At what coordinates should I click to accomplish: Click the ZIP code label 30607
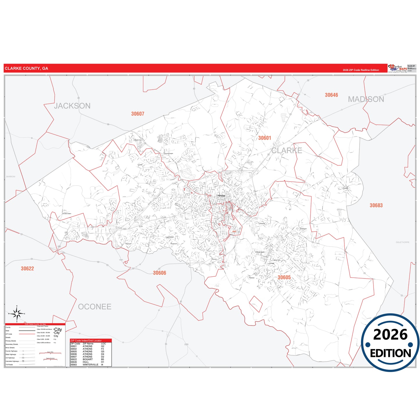[137, 114]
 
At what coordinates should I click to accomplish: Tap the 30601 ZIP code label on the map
[264, 138]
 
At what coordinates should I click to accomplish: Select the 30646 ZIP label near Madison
[331, 95]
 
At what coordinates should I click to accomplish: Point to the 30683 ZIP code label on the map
[376, 205]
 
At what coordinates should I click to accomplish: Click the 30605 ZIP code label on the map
[284, 278]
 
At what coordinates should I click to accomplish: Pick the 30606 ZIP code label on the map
[160, 273]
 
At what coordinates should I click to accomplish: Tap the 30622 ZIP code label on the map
[27, 269]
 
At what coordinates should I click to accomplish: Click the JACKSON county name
[72, 106]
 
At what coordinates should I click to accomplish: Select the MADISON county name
[366, 99]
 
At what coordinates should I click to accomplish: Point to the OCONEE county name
[94, 307]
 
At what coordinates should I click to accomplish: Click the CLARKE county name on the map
[287, 151]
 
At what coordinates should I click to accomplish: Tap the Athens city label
[221, 196]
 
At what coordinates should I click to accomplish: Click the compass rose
[17, 314]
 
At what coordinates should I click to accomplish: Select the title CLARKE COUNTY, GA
[26, 69]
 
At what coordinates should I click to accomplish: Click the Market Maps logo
[397, 68]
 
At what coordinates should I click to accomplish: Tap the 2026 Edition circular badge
[390, 342]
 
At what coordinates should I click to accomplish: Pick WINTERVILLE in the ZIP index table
[90, 364]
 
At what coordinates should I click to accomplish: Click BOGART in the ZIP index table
[87, 359]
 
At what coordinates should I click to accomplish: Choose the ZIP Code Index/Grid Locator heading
[86, 341]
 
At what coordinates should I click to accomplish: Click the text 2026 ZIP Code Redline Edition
[361, 70]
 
